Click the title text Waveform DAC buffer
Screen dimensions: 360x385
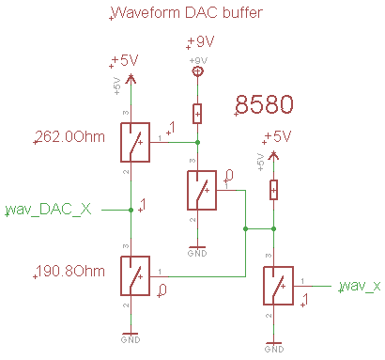[x=186, y=13]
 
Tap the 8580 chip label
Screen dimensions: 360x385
[x=265, y=105]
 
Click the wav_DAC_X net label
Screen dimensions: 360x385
[x=49, y=208]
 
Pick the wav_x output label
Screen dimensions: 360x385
[x=360, y=284]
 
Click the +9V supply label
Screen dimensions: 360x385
[x=201, y=42]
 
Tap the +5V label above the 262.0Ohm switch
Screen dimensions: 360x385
[x=125, y=59]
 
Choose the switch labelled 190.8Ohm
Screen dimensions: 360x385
[x=132, y=276]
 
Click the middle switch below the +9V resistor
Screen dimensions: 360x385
[x=198, y=191]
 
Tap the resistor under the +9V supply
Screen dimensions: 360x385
[x=197, y=113]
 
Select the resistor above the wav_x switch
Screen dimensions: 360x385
[x=273, y=190]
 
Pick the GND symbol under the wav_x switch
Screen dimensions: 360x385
[x=272, y=345]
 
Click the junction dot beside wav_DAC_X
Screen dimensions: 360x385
[x=130, y=209]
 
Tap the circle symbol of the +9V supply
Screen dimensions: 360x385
[x=197, y=71]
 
